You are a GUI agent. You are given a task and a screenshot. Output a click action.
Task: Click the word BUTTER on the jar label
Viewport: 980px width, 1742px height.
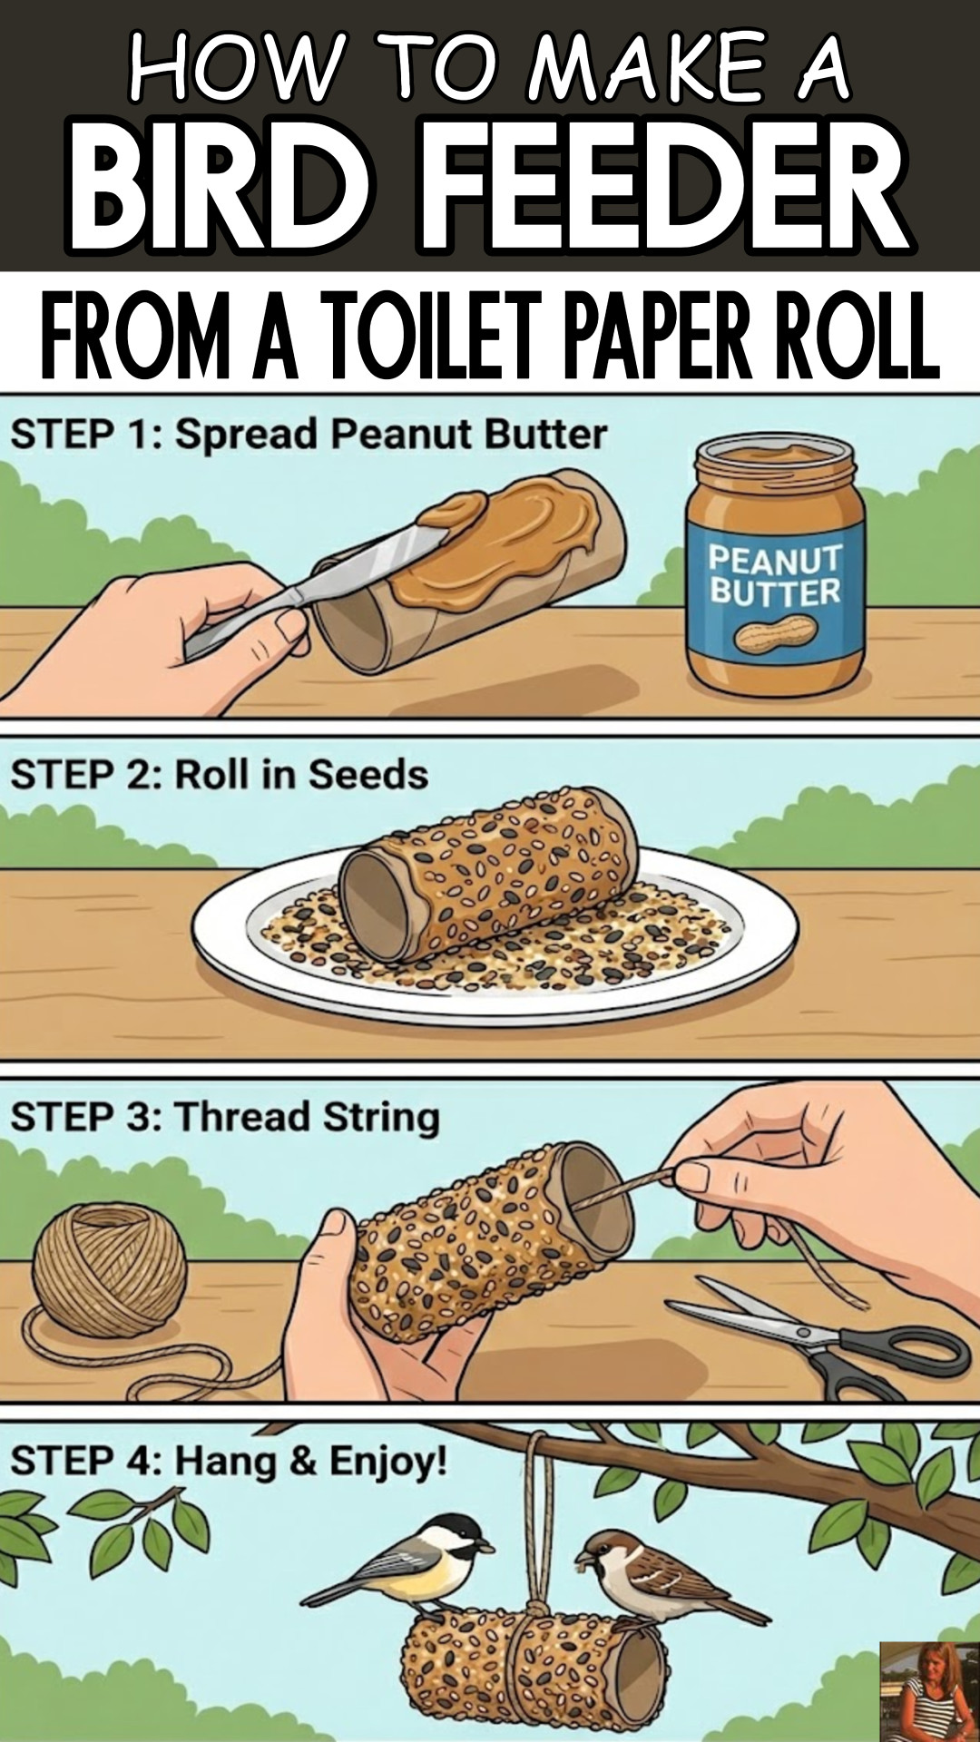[776, 593]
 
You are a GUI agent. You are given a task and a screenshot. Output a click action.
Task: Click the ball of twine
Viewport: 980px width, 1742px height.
[110, 1270]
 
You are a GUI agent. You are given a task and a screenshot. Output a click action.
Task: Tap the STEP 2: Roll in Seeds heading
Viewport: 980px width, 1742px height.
[219, 775]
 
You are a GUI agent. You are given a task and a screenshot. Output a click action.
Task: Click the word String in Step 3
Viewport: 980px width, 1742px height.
[381, 1117]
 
